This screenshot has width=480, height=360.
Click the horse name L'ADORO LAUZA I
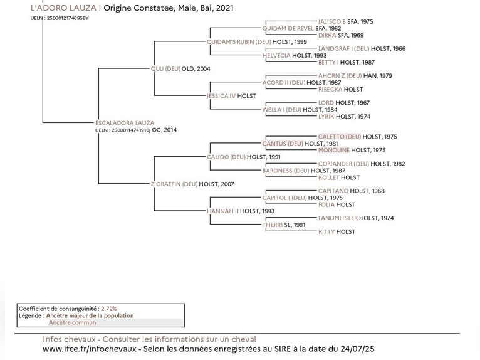[x=65, y=8]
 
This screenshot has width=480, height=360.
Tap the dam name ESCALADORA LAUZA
[x=124, y=123]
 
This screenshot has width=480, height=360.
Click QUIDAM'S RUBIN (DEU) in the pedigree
[x=239, y=42]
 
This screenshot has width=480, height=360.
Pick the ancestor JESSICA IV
[x=221, y=96]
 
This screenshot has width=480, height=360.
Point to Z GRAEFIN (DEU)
[x=174, y=184]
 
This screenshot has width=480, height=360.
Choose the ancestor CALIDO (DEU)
[x=226, y=157]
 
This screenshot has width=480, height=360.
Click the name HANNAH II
[x=222, y=211]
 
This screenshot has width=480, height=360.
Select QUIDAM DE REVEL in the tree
[x=288, y=28]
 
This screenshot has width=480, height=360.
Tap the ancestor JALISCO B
[x=331, y=21]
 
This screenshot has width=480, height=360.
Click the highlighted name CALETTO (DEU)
[x=339, y=137]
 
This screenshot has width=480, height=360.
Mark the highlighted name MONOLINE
[x=333, y=151]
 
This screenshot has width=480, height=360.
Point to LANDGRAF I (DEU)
[x=343, y=48]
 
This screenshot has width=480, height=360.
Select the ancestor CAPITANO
[x=333, y=191]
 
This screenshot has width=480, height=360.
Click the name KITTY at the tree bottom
[x=326, y=232]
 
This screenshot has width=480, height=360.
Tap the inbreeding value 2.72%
[x=109, y=309]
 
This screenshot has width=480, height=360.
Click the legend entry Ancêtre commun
[x=73, y=322]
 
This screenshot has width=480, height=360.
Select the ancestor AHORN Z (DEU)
[x=340, y=76]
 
